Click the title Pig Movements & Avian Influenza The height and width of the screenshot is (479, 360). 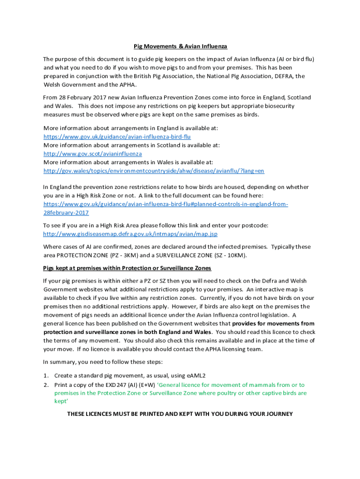(180, 46)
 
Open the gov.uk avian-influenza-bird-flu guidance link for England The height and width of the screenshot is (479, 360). (117, 137)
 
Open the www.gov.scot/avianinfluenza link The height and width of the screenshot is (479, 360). (93, 153)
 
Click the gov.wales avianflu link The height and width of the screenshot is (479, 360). (153, 171)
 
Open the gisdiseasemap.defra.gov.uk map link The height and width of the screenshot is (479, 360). (130, 234)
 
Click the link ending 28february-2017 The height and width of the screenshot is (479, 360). (66, 212)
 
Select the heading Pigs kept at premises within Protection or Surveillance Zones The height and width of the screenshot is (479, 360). (127, 268)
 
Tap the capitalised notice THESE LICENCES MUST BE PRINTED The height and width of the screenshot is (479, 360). (180, 414)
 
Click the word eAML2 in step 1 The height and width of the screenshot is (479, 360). (196, 376)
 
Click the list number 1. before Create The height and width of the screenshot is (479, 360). (46, 376)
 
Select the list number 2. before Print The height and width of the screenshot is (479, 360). (46, 385)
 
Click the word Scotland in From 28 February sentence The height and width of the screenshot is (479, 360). (298, 97)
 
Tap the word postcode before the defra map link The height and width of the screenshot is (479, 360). (255, 225)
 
